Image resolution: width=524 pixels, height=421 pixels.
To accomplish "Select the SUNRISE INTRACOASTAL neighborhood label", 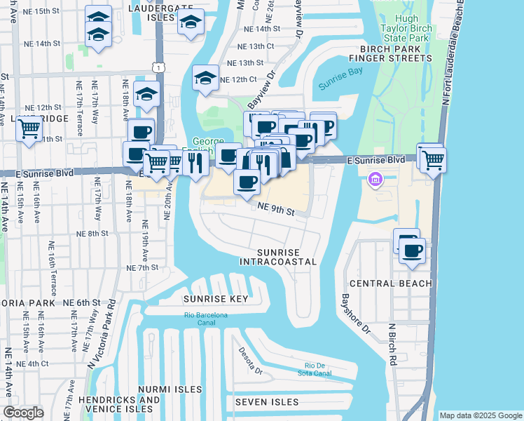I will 277,257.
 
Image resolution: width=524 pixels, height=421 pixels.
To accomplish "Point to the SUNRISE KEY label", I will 216,299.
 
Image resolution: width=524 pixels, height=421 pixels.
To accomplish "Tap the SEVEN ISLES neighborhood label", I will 267,403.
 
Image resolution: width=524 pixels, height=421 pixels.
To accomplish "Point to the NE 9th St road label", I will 274,208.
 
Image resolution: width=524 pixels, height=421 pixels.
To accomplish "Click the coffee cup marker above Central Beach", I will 412,250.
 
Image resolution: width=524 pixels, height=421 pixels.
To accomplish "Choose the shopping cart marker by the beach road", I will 434,159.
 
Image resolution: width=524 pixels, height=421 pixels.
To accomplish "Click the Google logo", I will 24,413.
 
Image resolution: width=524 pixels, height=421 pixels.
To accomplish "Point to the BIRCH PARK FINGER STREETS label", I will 397,53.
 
